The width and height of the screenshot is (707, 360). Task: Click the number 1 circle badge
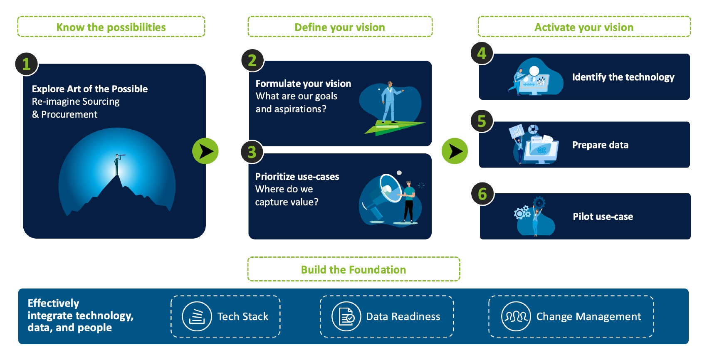coord(26,64)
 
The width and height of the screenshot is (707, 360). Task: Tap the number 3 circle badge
coord(252,152)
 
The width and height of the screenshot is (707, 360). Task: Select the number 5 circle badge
coord(482,121)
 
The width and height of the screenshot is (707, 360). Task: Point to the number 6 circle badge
coord(482,194)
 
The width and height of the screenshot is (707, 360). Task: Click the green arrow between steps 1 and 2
coord(205,151)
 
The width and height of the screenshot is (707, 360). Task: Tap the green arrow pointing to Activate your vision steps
coord(455,151)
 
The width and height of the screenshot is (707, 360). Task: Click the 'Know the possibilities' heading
coord(111,27)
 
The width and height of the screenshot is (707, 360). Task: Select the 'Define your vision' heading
coord(340,27)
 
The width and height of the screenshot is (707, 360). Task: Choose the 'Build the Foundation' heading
coord(353,270)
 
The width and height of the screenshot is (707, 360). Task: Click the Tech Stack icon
coord(197,316)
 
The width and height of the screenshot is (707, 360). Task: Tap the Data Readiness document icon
coord(346,316)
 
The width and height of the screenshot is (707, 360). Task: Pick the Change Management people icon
coord(516,316)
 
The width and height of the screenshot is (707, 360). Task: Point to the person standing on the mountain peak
coord(117,165)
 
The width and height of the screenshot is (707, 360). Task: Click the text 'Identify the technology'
coord(623,77)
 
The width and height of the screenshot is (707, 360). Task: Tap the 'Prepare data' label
coord(600,145)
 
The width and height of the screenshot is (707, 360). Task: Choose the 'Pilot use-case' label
coord(603,217)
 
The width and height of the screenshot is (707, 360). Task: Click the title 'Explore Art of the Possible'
coord(90,89)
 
